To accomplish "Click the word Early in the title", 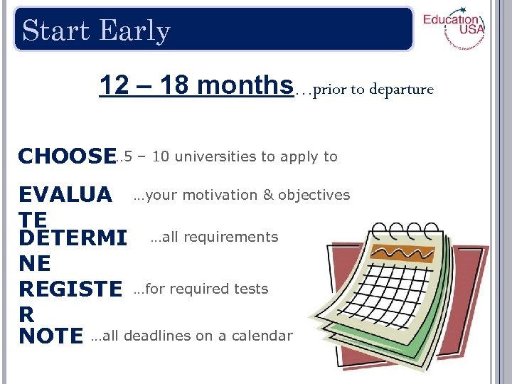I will (135, 31).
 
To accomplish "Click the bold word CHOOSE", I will (67, 156).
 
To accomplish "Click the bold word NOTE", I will (51, 336).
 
